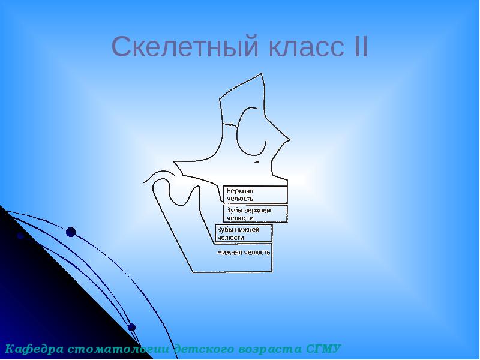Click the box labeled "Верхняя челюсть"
(x=256, y=194)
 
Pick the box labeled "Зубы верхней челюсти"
(x=256, y=214)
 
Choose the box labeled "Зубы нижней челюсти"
(x=244, y=233)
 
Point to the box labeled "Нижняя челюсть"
(x=244, y=253)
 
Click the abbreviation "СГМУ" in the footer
(x=323, y=349)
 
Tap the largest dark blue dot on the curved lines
(x=71, y=232)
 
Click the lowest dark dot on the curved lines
(x=132, y=328)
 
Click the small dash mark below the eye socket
(x=257, y=161)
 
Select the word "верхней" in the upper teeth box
(x=259, y=211)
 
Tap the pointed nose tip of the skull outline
(x=289, y=140)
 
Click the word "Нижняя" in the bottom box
(x=229, y=253)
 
